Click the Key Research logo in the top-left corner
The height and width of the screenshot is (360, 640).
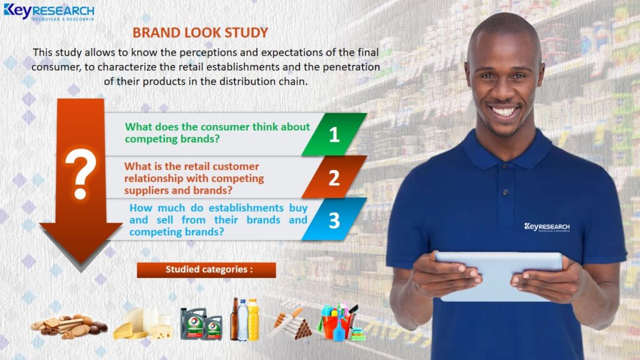[49, 12]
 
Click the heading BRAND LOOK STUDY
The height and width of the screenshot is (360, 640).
[201, 32]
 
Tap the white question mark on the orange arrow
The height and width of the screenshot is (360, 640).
[81, 174]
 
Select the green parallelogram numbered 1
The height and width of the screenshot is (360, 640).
[334, 134]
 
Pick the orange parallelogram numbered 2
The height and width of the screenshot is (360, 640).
[334, 177]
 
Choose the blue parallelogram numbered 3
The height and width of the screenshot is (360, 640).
[334, 219]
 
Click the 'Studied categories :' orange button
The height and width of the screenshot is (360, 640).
[206, 270]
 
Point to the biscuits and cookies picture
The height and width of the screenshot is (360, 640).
[69, 326]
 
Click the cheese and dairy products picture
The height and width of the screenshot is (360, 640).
[143, 324]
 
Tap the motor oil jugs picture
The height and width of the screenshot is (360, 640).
[201, 324]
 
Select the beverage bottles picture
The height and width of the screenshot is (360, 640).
[244, 319]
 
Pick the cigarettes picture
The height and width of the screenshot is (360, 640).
[291, 324]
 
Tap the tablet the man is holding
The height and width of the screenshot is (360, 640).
[499, 276]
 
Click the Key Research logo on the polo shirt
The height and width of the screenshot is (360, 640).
[547, 227]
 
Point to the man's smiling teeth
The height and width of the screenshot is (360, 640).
[503, 111]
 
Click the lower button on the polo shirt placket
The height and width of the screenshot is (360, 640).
[506, 192]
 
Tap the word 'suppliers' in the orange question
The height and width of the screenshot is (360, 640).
[145, 191]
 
